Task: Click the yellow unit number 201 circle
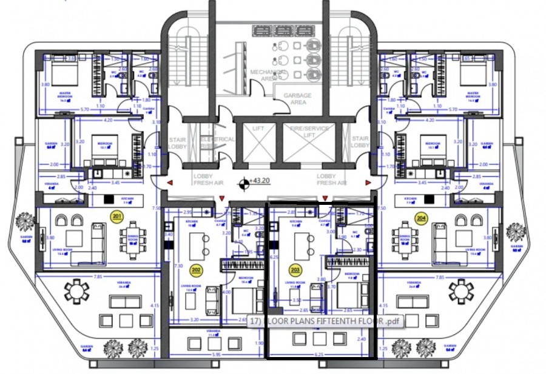click(117, 216)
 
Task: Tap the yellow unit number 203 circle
click(295, 270)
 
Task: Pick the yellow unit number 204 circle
click(420, 216)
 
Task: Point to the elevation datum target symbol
click(244, 181)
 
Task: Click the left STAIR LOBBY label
click(178, 142)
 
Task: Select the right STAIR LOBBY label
click(360, 142)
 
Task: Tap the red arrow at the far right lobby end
click(368, 182)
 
